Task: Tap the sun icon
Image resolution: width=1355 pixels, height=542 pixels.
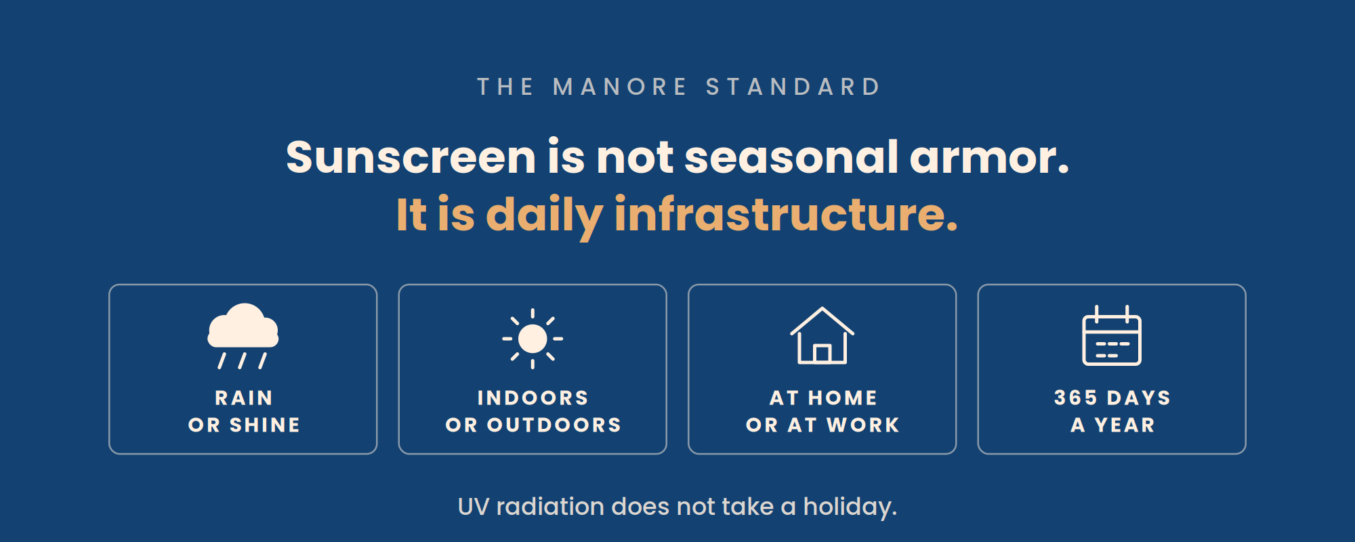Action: pyautogui.click(x=533, y=339)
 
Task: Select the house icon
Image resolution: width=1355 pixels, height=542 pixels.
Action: pyautogui.click(x=822, y=336)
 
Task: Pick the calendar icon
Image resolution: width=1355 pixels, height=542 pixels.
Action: pyautogui.click(x=1112, y=335)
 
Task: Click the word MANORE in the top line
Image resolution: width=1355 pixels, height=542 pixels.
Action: pyautogui.click(x=620, y=87)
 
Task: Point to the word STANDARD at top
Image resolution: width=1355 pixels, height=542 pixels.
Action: pyautogui.click(x=793, y=87)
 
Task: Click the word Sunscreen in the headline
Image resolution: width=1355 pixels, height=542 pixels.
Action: pyautogui.click(x=411, y=157)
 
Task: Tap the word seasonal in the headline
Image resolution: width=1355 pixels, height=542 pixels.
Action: pyautogui.click(x=791, y=157)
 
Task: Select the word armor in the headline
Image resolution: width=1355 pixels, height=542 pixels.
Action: pyautogui.click(x=989, y=157)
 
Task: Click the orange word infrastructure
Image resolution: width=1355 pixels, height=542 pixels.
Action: pyautogui.click(x=786, y=214)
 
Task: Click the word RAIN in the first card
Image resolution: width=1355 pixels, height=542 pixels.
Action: pyautogui.click(x=244, y=398)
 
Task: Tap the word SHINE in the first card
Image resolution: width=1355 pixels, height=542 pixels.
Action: pyautogui.click(x=265, y=425)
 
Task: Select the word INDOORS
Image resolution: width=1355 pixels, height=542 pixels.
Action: pyautogui.click(x=533, y=398)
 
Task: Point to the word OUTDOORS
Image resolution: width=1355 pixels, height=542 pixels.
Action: pyautogui.click(x=554, y=425)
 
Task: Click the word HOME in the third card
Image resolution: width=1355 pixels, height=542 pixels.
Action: pyautogui.click(x=843, y=398)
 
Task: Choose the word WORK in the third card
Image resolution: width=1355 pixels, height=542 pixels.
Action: pyautogui.click(x=863, y=425)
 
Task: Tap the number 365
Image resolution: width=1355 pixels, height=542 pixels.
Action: pyautogui.click(x=1076, y=398)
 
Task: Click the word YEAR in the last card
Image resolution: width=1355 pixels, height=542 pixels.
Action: pyautogui.click(x=1125, y=425)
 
